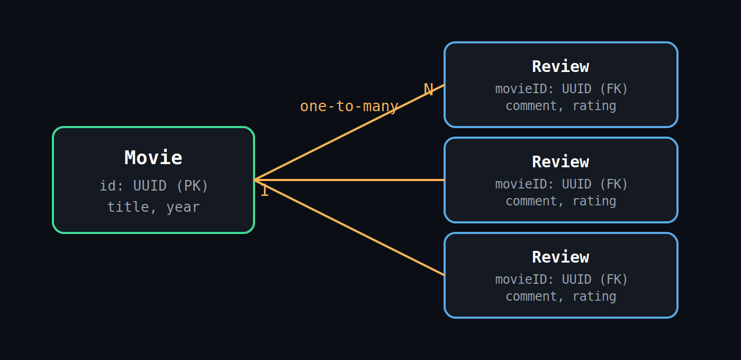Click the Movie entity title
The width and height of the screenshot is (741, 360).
153,158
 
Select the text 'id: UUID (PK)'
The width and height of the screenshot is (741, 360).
153,186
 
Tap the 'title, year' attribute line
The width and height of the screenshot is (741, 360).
153,207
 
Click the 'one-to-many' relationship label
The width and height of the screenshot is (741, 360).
349,106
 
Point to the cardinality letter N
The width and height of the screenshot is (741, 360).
428,89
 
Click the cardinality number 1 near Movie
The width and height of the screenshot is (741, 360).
264,191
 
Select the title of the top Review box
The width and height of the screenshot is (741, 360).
561,67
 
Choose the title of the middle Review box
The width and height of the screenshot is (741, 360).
561,162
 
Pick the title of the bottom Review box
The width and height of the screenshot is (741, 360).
561,257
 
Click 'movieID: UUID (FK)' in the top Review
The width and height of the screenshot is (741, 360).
562,89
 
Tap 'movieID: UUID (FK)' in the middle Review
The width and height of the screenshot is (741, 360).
562,184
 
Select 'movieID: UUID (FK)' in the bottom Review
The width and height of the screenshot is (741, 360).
562,280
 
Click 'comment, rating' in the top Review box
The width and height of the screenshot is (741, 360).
561,106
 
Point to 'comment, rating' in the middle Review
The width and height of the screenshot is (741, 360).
561,201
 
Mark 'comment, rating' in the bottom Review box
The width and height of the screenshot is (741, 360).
561,296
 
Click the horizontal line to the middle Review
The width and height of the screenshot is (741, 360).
349,180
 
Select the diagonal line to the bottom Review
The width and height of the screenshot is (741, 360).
349,228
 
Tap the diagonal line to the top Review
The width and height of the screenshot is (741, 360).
349,132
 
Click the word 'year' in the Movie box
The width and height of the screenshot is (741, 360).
183,208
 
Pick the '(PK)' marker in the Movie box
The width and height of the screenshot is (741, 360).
192,186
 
